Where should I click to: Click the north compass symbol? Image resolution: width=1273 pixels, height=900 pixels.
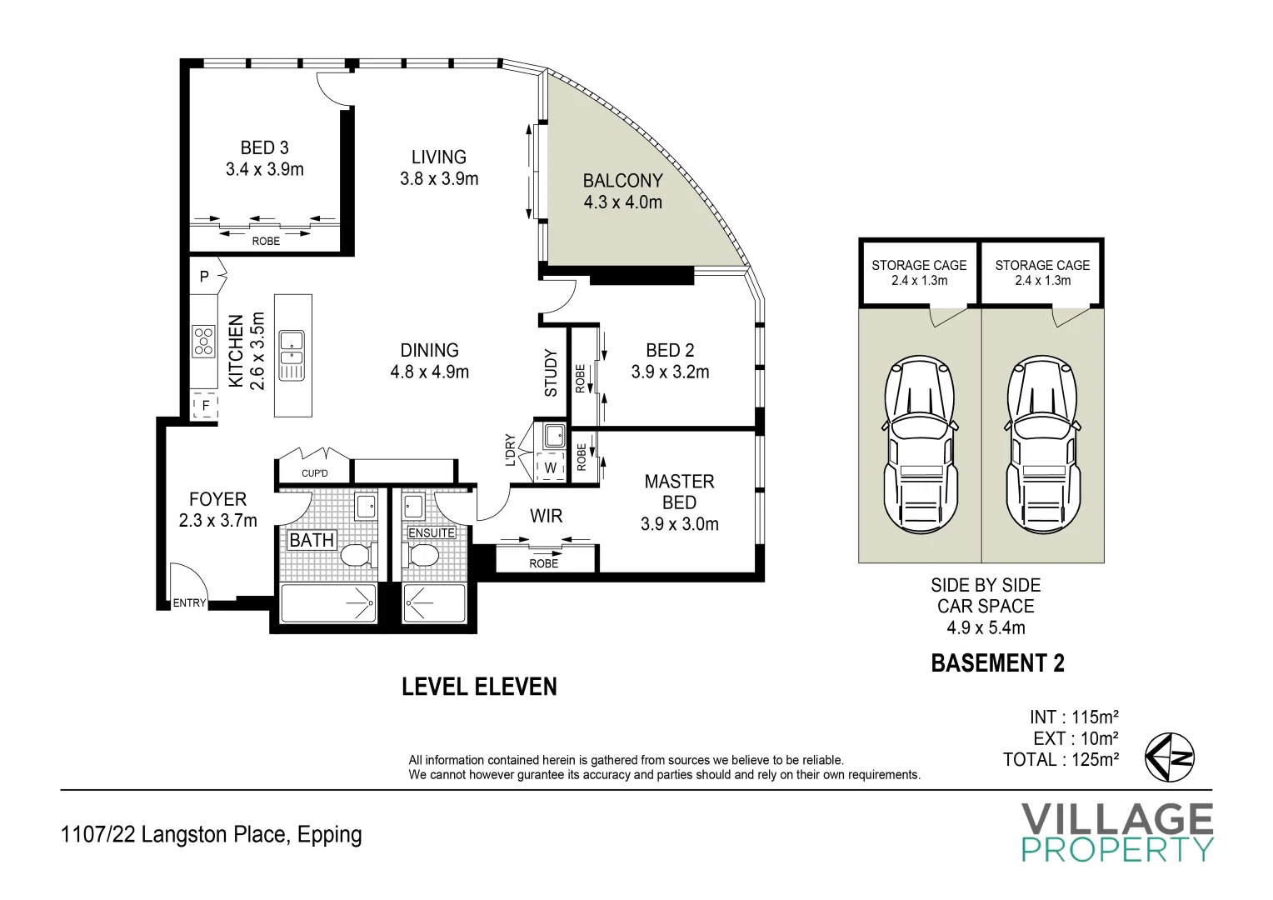tap(1170, 757)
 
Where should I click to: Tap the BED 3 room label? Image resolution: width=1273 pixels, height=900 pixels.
tap(265, 147)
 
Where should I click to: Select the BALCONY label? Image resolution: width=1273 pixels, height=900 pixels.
tap(623, 181)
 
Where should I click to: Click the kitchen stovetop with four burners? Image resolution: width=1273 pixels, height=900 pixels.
tap(203, 341)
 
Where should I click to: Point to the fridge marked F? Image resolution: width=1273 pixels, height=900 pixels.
tap(205, 405)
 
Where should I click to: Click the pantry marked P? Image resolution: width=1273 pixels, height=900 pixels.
tap(206, 276)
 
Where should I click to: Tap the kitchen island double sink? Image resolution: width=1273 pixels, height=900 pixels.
tap(292, 355)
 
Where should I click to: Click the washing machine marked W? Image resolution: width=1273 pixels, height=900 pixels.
tap(550, 467)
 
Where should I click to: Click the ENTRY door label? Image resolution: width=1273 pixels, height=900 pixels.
tap(189, 602)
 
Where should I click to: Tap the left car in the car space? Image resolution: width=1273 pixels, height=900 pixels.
tap(919, 445)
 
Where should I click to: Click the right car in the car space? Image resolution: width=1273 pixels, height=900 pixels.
tap(1042, 445)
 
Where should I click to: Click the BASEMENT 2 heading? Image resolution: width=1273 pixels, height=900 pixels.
tap(997, 663)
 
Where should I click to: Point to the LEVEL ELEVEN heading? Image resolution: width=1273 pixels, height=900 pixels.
tap(479, 687)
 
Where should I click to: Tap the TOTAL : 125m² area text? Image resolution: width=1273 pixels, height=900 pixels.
tap(1061, 759)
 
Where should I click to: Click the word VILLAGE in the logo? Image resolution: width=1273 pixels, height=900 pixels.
tap(1117, 819)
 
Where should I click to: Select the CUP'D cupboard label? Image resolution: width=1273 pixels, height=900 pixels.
tap(315, 473)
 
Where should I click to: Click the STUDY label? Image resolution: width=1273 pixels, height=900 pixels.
tap(551, 373)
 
